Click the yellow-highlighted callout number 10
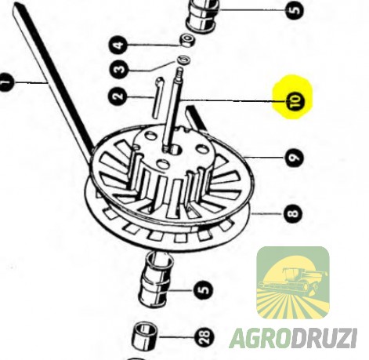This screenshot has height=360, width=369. click(295, 101)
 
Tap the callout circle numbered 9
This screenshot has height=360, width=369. click(295, 158)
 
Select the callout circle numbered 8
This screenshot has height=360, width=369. click(294, 213)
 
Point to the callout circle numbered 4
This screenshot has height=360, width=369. click(120, 45)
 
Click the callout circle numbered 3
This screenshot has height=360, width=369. click(120, 70)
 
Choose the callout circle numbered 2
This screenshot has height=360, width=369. click(118, 96)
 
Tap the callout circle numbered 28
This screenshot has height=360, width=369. click(204, 337)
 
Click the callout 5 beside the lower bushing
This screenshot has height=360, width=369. click(204, 289)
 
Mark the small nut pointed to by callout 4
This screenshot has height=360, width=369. click(186, 40)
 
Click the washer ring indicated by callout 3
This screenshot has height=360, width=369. click(184, 60)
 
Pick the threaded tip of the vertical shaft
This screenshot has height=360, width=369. click(179, 73)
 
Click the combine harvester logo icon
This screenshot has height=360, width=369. click(293, 282)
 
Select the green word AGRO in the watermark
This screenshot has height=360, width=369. click(261, 339)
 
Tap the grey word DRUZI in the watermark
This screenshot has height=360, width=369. click(325, 339)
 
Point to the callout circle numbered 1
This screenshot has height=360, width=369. click(6, 82)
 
